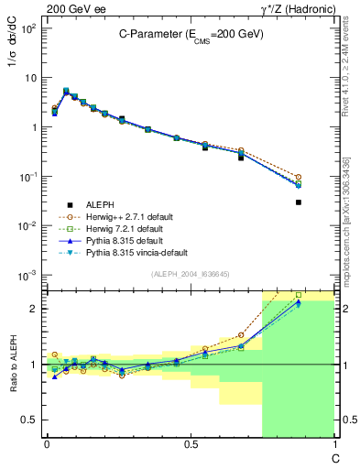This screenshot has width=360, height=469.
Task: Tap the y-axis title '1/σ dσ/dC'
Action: tap(13, 57)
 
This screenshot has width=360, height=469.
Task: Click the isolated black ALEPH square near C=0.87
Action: tap(299, 202)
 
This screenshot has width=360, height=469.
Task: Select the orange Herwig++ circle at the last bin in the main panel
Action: tap(299, 177)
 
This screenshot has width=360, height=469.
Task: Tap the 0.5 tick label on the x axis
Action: tap(190, 445)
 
